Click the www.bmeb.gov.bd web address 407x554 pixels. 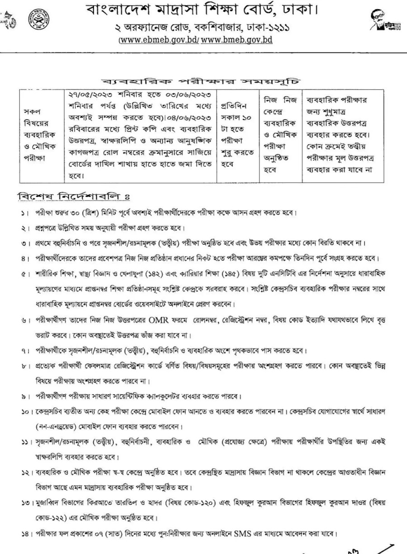[x=237, y=40]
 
